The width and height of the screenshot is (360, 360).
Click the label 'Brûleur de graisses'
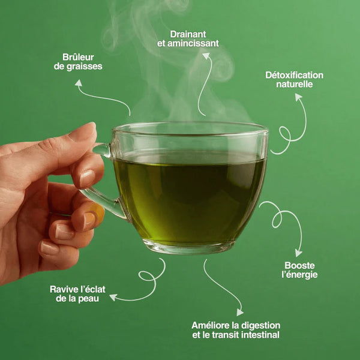point(78,62)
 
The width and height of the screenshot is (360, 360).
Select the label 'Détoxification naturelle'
point(294,79)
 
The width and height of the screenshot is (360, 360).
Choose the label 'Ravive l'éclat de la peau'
point(74,293)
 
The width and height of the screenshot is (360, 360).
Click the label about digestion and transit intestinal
point(235,330)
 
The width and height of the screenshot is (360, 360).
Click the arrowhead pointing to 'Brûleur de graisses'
point(79,83)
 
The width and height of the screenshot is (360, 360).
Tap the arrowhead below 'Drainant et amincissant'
point(206,56)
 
